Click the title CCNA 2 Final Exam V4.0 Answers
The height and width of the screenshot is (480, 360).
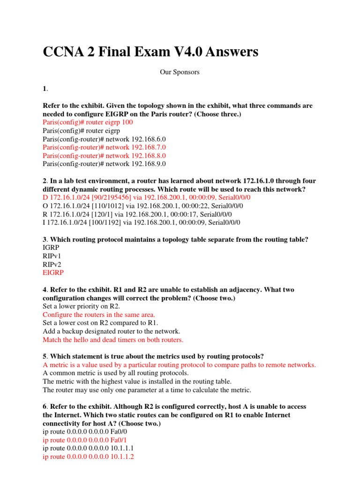click(x=150, y=52)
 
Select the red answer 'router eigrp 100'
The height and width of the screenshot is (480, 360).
click(x=88, y=122)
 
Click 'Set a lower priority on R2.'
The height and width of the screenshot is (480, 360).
click(x=81, y=306)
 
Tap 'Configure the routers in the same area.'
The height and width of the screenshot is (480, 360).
click(x=98, y=315)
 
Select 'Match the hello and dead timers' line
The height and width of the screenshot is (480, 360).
click(x=113, y=340)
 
